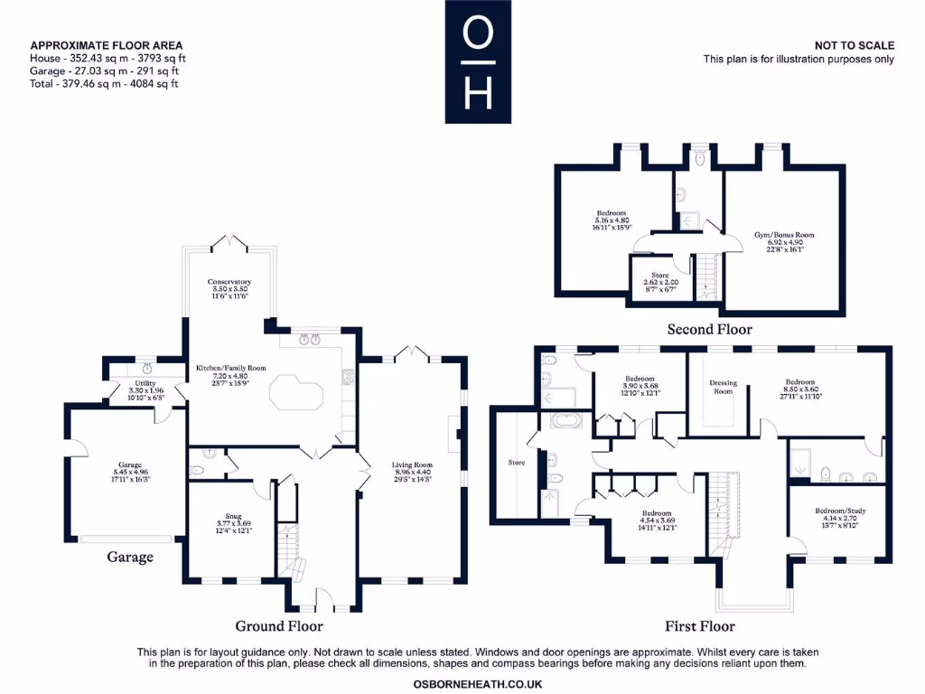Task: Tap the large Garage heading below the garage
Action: (130, 557)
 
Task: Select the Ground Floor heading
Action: (279, 625)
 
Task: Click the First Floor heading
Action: (699, 625)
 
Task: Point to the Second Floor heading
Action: (709, 329)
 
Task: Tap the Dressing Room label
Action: (723, 387)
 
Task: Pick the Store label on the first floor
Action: (516, 462)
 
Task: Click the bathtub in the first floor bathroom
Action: (565, 421)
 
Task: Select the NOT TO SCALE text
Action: (855, 45)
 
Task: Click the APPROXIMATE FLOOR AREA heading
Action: (106, 45)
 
